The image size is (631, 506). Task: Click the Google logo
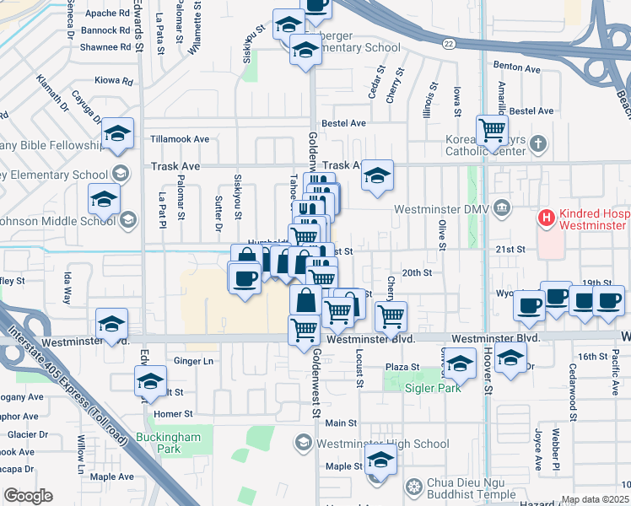click(28, 496)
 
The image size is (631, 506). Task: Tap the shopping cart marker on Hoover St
click(492, 132)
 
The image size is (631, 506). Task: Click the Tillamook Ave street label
click(179, 139)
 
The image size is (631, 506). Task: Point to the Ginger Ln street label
click(193, 361)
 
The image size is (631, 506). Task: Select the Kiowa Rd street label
click(114, 82)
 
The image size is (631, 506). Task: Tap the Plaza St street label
click(402, 367)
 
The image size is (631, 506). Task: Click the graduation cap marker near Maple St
click(380, 462)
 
